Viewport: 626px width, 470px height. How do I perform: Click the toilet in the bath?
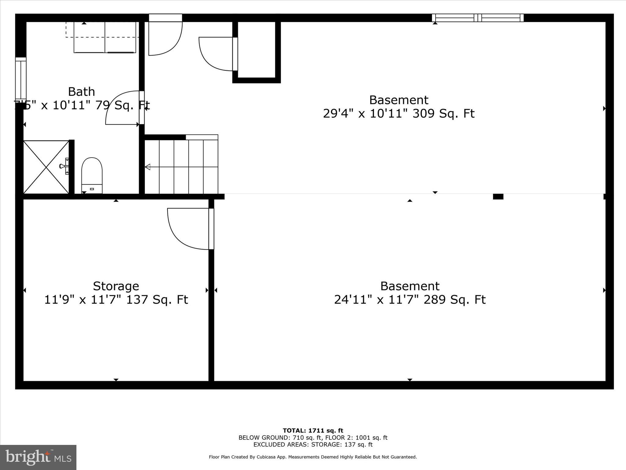[92, 175]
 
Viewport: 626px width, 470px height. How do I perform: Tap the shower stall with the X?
[46, 167]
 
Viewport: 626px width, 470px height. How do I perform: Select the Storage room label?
[116, 286]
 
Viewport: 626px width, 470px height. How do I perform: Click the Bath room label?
[81, 92]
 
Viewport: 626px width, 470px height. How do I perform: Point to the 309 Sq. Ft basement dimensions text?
[399, 114]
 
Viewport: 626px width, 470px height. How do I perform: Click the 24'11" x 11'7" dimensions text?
[410, 300]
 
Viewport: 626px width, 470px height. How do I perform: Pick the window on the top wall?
[477, 18]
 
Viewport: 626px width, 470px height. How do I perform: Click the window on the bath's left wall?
[21, 78]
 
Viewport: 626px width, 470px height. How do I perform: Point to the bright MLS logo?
[38, 457]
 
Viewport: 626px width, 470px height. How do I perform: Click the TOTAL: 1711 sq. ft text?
[313, 431]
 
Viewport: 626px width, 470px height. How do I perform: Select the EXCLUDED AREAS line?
[313, 445]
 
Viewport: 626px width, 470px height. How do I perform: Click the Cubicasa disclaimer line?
[313, 457]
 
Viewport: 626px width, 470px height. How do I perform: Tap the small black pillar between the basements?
[498, 197]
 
